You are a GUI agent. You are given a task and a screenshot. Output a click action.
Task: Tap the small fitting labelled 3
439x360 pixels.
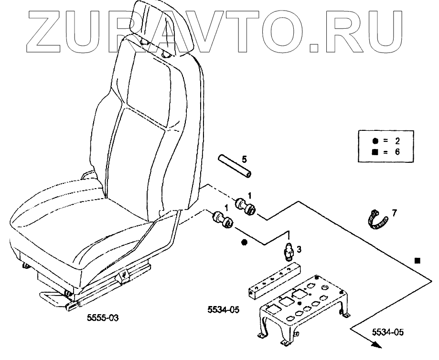tap(288, 250)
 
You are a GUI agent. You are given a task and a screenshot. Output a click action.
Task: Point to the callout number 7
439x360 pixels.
tap(394, 213)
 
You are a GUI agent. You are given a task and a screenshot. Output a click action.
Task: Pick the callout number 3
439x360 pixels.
tap(299, 249)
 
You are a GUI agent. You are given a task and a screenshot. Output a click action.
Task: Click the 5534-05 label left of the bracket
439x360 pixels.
tap(223, 310)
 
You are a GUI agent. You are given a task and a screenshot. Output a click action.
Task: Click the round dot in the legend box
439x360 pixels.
tap(374, 141)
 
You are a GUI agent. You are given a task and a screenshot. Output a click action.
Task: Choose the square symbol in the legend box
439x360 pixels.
tap(374, 152)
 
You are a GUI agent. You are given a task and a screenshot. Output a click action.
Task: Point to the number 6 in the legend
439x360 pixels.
tap(396, 152)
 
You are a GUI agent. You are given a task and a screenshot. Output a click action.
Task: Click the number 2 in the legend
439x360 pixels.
tap(396, 141)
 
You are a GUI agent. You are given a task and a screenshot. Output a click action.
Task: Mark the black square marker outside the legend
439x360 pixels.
tap(417, 261)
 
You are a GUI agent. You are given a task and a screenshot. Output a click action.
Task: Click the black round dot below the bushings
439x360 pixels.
tap(245, 243)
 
